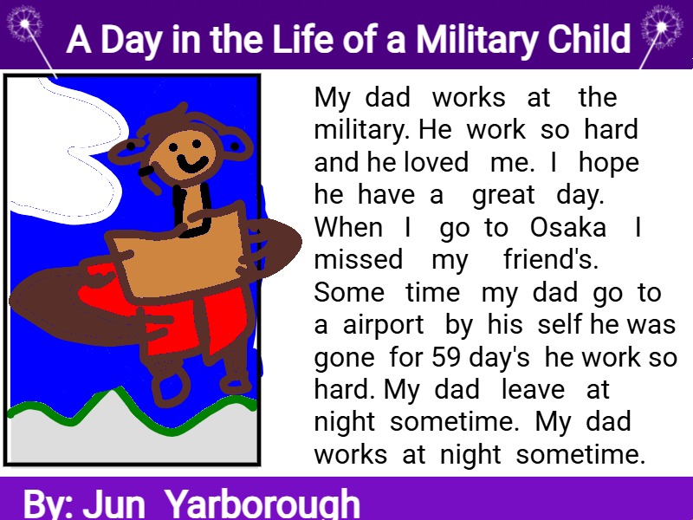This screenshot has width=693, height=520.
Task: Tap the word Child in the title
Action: click(589, 39)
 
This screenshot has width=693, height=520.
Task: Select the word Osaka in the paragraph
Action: click(568, 228)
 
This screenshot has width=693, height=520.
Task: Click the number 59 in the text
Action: click(447, 357)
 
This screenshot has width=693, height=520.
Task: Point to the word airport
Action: click(383, 327)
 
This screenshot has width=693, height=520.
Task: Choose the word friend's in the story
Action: click(551, 259)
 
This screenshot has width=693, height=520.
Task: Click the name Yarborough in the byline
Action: click(262, 504)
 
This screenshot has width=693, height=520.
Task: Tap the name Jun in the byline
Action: click(113, 504)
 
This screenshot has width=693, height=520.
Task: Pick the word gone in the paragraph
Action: click(344, 359)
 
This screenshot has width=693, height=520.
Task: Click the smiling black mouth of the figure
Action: click(192, 164)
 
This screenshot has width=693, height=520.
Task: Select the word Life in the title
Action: click(304, 39)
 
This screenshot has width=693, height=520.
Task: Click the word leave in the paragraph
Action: click(533, 389)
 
